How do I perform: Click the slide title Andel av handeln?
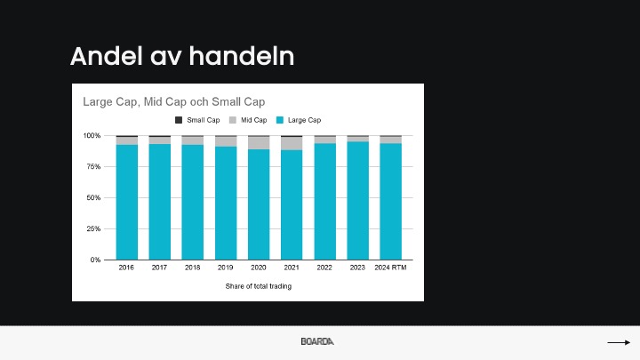(x=182, y=56)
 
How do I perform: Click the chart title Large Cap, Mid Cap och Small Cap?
(x=174, y=101)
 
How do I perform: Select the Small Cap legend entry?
(x=197, y=120)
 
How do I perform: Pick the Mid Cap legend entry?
(x=248, y=120)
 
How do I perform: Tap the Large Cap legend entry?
(x=299, y=120)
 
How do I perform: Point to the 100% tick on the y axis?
(x=92, y=135)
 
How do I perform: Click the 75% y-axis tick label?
(x=93, y=166)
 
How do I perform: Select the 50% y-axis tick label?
(x=93, y=197)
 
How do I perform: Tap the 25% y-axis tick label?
(x=93, y=228)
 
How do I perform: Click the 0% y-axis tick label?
(x=95, y=260)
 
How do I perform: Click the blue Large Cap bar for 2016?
(x=127, y=202)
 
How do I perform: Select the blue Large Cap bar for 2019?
(x=226, y=203)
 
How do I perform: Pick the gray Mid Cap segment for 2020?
(x=259, y=143)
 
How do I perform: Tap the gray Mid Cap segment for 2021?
(x=292, y=144)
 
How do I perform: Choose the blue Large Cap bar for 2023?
(x=357, y=200)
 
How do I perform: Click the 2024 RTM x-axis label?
(x=390, y=268)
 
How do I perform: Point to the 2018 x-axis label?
(x=193, y=268)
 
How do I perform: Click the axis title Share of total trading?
(x=259, y=286)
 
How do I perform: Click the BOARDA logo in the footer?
(x=317, y=341)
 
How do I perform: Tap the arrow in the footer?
(x=619, y=342)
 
